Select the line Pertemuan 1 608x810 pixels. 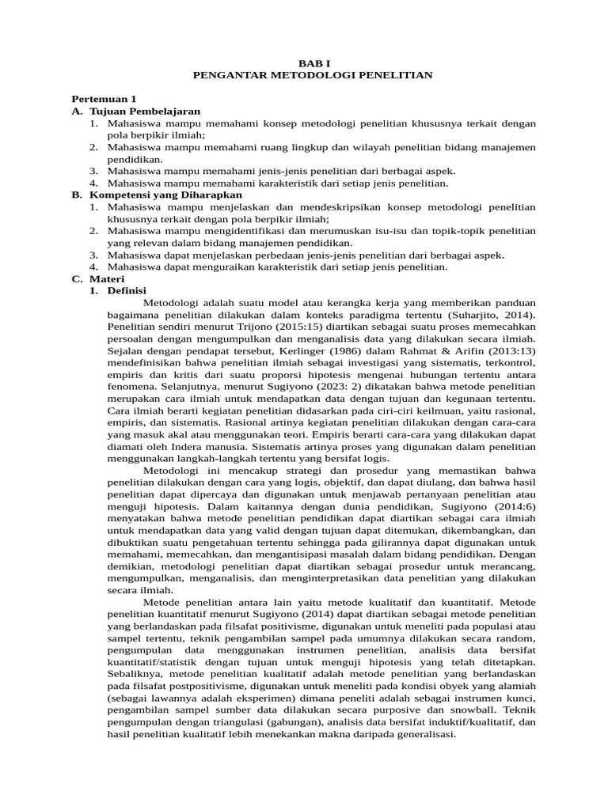104,99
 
